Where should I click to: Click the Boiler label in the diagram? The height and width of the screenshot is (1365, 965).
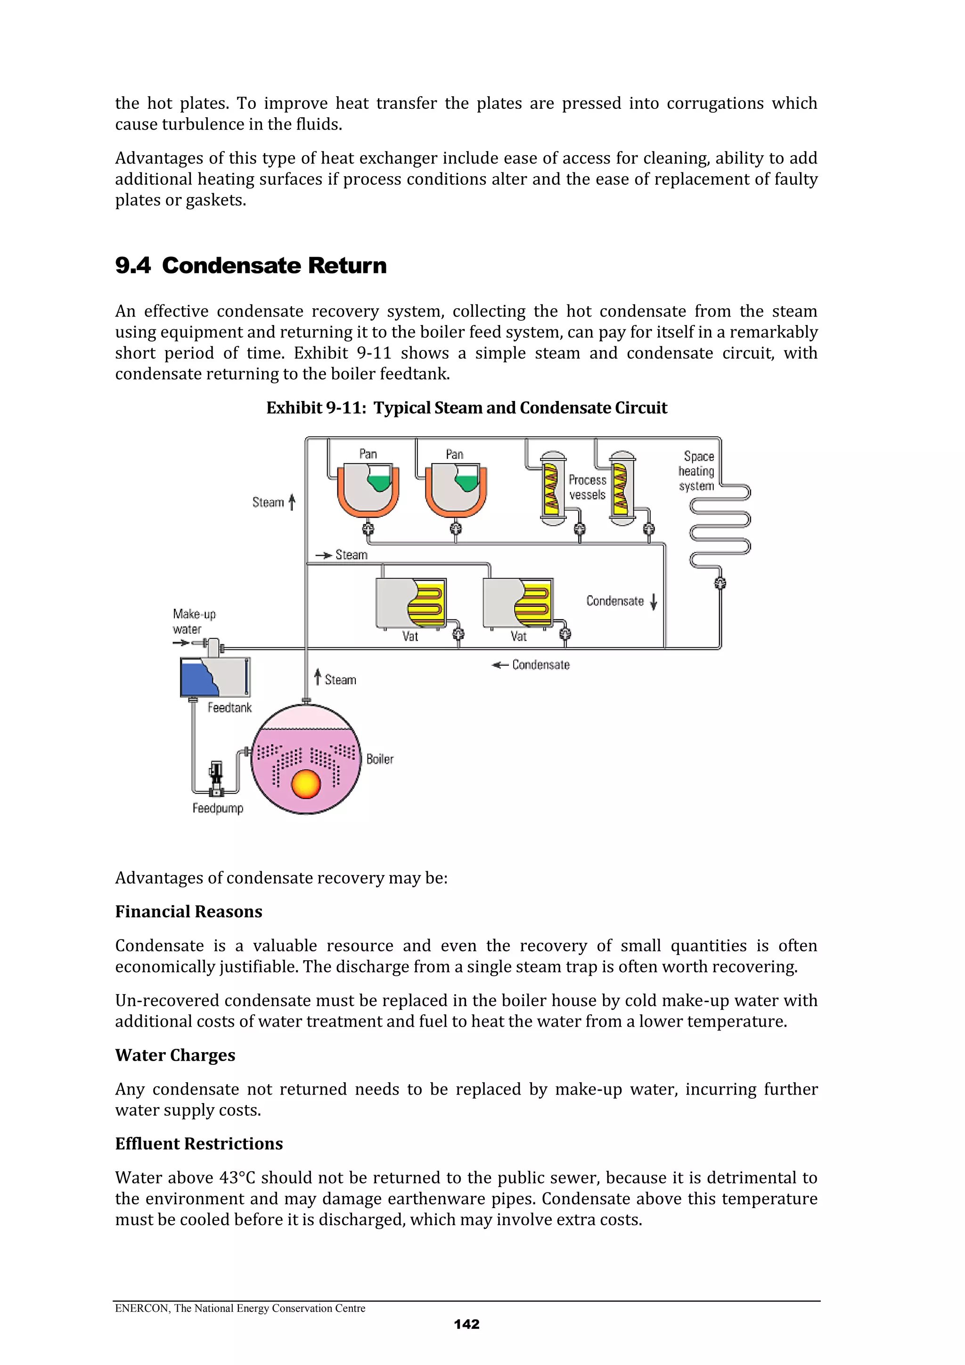click(379, 759)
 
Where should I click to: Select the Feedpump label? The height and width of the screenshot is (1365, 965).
click(218, 809)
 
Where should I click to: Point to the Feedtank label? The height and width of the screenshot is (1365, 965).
click(229, 707)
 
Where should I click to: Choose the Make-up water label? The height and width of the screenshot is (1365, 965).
click(194, 621)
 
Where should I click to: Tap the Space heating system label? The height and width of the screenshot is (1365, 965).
click(697, 471)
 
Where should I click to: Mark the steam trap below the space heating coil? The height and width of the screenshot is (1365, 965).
click(720, 583)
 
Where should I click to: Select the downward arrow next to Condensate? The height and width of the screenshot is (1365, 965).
click(654, 602)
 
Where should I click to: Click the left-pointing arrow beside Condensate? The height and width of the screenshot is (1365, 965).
click(499, 665)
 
